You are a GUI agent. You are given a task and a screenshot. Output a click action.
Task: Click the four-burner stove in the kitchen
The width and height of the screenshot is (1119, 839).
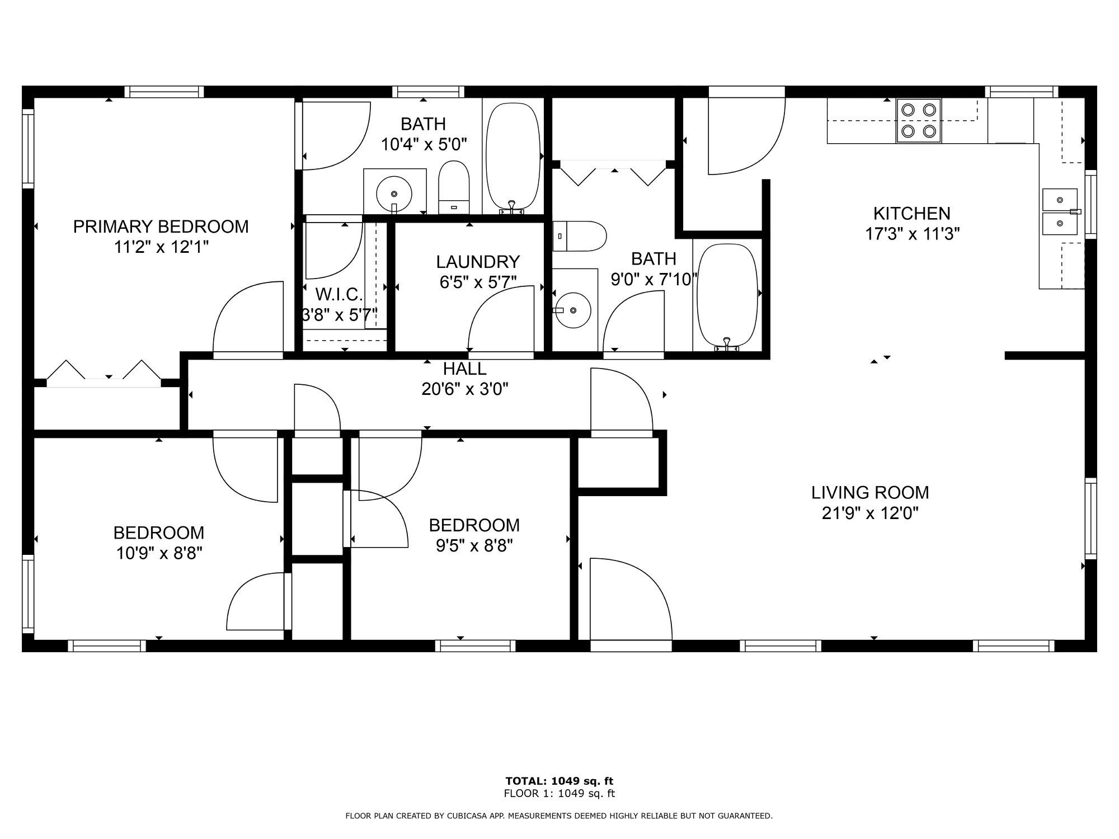coord(919,121)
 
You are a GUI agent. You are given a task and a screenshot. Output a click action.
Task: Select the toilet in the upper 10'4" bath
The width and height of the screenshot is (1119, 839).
coord(453,187)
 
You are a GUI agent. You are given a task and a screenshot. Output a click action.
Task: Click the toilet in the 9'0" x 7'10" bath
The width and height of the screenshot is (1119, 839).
coord(579,236)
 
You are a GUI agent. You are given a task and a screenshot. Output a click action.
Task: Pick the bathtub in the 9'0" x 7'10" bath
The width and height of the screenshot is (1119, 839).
coord(727,296)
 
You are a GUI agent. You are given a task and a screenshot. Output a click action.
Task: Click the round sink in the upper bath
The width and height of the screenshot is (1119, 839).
coord(394,194)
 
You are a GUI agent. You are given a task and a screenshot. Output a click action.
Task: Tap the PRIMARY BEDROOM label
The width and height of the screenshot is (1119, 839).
coord(161,227)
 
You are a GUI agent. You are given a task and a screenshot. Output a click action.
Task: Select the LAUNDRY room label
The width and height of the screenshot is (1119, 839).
coord(478,262)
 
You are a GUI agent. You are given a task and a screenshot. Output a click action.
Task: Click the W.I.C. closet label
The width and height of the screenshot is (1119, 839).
coord(339,294)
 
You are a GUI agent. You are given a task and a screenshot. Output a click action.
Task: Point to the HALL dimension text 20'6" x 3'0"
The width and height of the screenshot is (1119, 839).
coord(465,389)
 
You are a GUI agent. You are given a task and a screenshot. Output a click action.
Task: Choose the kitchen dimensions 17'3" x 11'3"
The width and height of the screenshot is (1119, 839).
coord(913,234)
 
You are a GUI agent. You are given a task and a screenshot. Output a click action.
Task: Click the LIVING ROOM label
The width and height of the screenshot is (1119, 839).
coord(870,492)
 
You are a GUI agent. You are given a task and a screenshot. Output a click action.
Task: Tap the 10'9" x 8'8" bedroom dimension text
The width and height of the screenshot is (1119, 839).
coord(159,553)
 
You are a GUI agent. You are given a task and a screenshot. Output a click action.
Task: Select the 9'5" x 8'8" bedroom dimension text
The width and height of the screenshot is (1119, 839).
coord(474,545)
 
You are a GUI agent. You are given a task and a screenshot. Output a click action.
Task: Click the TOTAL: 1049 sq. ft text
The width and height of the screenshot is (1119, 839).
coord(559,781)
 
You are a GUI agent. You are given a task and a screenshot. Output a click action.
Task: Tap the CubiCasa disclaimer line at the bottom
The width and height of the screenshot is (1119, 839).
coord(559,816)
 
